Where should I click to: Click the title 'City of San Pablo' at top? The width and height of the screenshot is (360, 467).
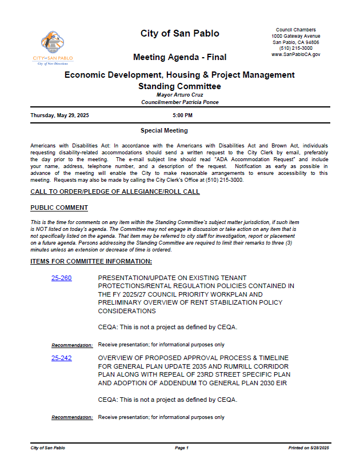tap(179, 34)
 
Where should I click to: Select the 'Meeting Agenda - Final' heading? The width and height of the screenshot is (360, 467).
tap(179, 57)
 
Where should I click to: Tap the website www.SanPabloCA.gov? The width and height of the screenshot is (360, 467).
tap(295, 55)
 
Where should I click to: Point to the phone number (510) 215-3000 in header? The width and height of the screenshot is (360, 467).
tap(295, 49)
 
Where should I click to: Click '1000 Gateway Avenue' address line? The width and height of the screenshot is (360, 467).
tap(295, 36)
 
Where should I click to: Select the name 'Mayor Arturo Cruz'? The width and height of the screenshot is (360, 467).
tap(179, 95)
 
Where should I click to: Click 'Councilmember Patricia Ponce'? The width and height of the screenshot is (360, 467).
tap(179, 102)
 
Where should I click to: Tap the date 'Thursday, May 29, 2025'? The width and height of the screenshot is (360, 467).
tap(59, 115)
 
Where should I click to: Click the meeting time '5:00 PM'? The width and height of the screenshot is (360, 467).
tap(182, 115)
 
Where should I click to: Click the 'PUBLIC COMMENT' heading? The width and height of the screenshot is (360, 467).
tap(59, 207)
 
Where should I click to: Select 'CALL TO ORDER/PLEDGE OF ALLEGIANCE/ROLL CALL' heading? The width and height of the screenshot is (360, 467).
tap(115, 191)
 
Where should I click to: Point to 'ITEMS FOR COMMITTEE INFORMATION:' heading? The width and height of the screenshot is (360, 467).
tap(91, 261)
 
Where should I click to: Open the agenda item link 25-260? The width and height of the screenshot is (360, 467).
tap(61, 278)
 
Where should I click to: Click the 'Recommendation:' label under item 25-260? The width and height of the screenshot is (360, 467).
tap(72, 345)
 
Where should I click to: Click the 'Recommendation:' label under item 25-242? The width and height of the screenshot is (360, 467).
tap(72, 418)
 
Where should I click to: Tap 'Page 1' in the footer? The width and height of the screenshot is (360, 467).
tap(182, 448)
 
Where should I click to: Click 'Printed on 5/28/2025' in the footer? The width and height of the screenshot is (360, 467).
tap(309, 448)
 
